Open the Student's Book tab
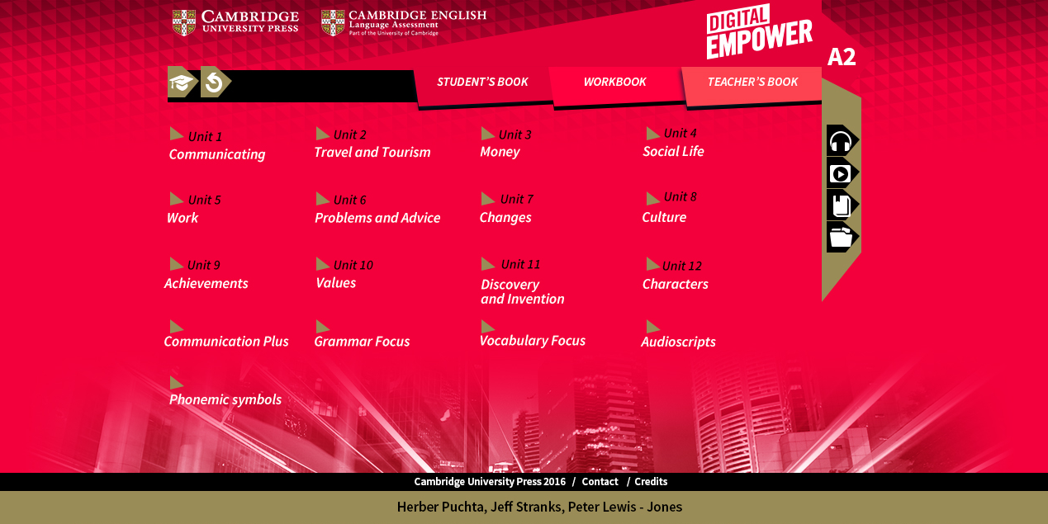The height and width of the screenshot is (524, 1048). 482,83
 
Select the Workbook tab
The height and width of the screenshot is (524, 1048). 614,83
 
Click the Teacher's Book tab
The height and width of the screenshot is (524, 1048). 752,83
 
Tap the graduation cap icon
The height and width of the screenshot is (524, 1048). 182,83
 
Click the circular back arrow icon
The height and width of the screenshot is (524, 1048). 215,83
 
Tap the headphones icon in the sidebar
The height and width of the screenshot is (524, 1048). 842,141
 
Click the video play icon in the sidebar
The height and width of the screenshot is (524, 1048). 842,173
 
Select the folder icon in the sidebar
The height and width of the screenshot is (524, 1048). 842,238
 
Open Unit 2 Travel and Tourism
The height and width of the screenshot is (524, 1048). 372,144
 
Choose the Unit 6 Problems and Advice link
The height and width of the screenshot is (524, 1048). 377,209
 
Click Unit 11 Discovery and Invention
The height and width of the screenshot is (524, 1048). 522,282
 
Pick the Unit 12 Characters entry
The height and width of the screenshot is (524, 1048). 675,275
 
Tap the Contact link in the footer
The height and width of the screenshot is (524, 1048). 600,482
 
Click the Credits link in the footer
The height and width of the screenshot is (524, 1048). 651,482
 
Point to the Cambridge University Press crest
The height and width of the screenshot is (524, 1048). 184,22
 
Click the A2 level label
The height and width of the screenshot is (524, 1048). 842,57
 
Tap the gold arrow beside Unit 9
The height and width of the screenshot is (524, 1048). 176,264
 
